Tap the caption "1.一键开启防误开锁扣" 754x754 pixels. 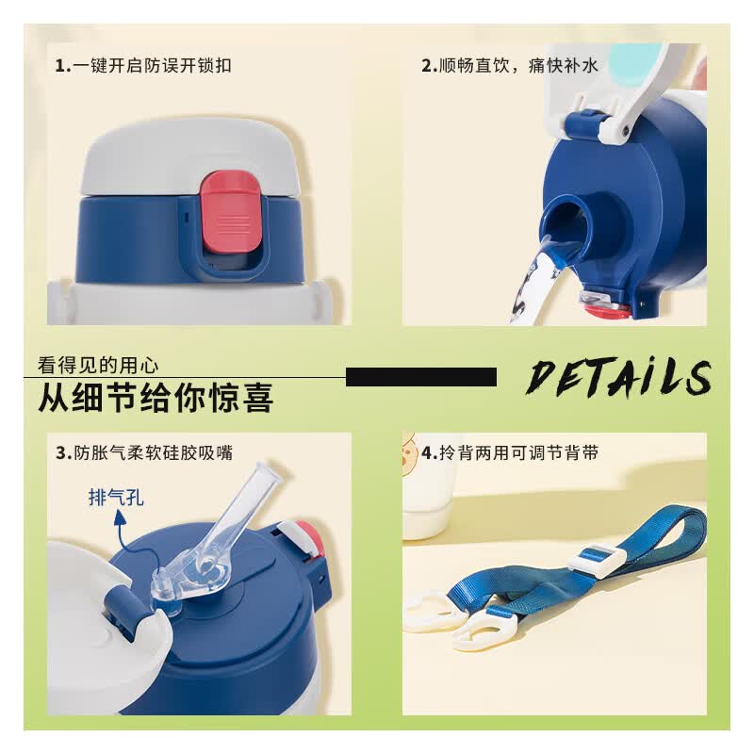tap(143, 65)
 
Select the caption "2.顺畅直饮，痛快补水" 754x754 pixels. tap(509, 65)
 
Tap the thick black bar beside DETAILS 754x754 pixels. tap(420, 377)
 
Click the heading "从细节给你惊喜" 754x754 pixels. tap(156, 397)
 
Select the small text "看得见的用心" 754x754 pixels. tap(98, 366)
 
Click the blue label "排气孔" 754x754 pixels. tap(116, 498)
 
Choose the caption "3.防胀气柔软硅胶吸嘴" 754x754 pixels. tap(144, 453)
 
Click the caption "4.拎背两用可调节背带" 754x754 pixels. tap(510, 453)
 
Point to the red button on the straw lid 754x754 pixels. tap(310, 537)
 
